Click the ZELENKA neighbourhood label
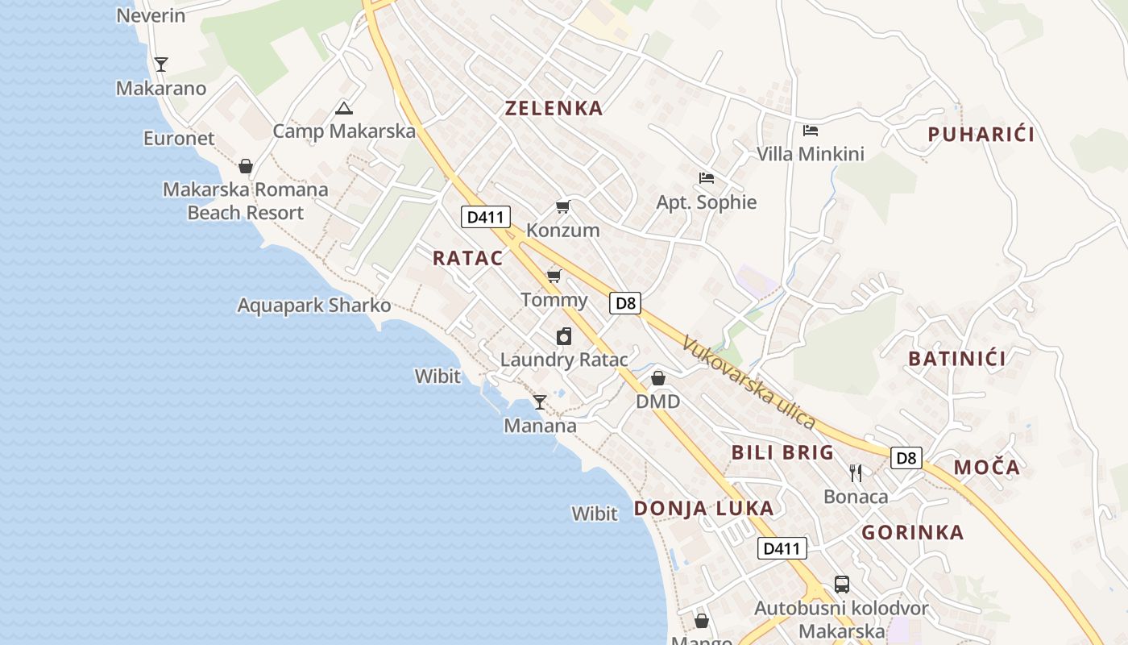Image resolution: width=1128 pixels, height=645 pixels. pyautogui.click(x=554, y=108)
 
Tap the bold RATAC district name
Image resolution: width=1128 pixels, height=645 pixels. pyautogui.click(x=467, y=258)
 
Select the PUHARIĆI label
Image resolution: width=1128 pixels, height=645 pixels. pyautogui.click(x=981, y=135)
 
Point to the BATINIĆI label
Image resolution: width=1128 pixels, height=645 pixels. pyautogui.click(x=957, y=359)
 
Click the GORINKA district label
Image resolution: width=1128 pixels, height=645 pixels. pyautogui.click(x=912, y=532)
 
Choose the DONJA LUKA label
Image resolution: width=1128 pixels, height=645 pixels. pyautogui.click(x=703, y=508)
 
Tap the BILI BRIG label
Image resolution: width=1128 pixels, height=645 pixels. pyautogui.click(x=782, y=452)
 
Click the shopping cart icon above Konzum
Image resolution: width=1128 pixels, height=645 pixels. pyautogui.click(x=563, y=207)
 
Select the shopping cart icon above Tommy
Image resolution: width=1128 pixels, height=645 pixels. pyautogui.click(x=554, y=277)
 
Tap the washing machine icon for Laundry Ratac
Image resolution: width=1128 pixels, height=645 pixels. pyautogui.click(x=564, y=336)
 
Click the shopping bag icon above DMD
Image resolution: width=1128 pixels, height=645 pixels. pyautogui.click(x=658, y=377)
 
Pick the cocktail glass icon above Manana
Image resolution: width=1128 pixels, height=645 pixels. pyautogui.click(x=540, y=402)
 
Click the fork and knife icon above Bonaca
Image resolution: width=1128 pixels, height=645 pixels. pyautogui.click(x=856, y=472)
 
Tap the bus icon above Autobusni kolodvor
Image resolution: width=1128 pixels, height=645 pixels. pyautogui.click(x=842, y=585)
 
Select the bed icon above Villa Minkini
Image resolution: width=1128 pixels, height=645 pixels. pyautogui.click(x=811, y=130)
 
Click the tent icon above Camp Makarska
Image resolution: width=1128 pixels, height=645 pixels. pyautogui.click(x=344, y=108)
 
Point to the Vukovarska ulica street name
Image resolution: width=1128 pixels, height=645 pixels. pyautogui.click(x=749, y=382)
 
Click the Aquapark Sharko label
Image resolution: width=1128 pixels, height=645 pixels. pyautogui.click(x=313, y=306)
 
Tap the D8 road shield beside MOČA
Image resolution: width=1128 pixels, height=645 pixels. pyautogui.click(x=906, y=458)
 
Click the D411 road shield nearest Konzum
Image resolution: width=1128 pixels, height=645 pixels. pyautogui.click(x=486, y=216)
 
